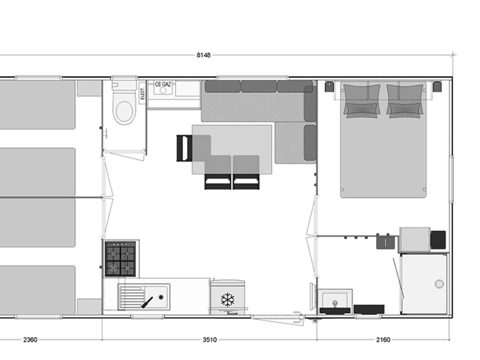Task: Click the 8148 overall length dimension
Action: pyautogui.click(x=204, y=55)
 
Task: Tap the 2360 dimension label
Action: pyautogui.click(x=30, y=340)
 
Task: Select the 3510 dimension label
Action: pyautogui.click(x=210, y=340)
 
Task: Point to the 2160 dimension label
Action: pyautogui.click(x=383, y=340)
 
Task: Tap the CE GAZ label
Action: pyautogui.click(x=163, y=84)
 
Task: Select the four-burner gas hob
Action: pyautogui.click(x=121, y=259)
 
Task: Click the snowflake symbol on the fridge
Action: pyautogui.click(x=227, y=300)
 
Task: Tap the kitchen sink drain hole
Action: pyautogui.click(x=161, y=297)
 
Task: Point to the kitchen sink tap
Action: pyautogui.click(x=147, y=303)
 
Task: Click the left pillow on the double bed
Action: pyautogui.click(x=362, y=100)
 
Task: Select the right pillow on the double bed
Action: pyautogui.click(x=405, y=100)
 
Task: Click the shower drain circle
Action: pyautogui.click(x=439, y=284)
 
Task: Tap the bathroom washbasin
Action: pyautogui.click(x=335, y=301)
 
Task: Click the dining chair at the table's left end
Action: pyautogui.click(x=185, y=148)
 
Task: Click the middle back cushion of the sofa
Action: pyautogui.click(x=259, y=86)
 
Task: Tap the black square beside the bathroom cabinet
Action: pyautogui.click(x=438, y=239)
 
